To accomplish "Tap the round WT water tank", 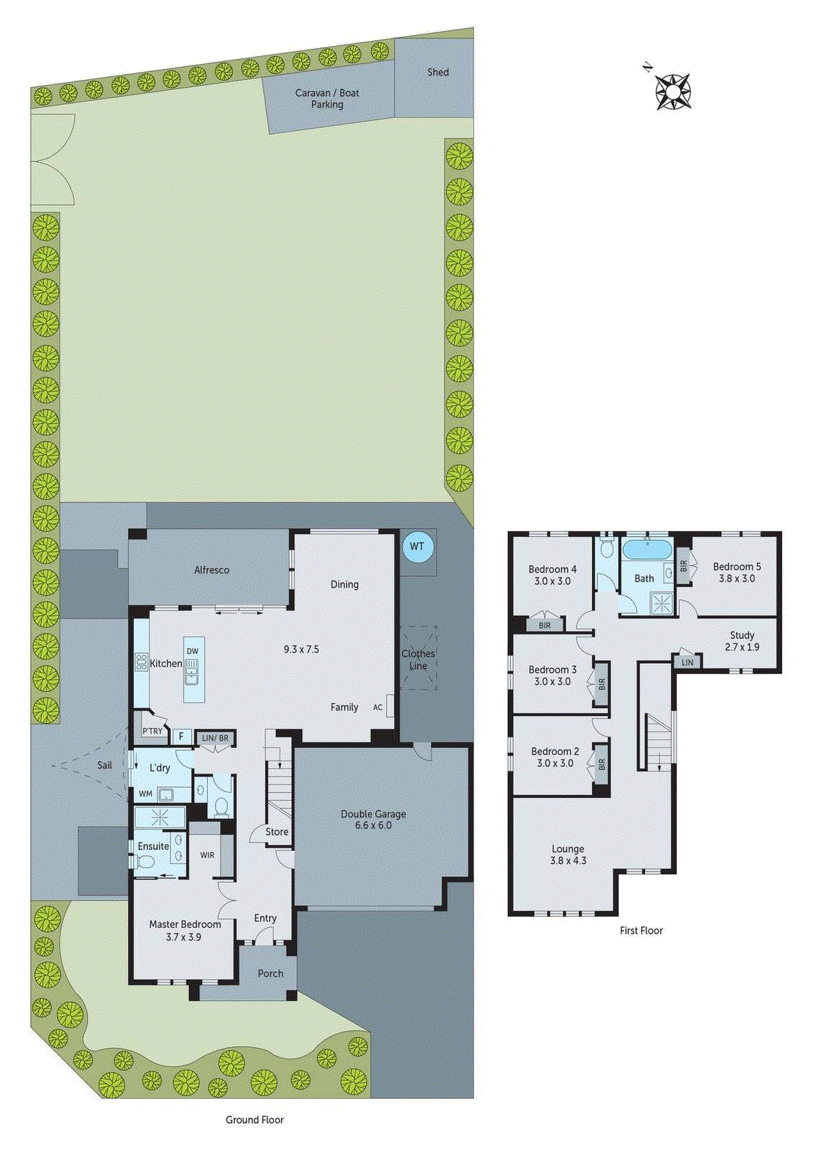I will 417,546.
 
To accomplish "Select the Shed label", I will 438,72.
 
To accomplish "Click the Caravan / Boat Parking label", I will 327,99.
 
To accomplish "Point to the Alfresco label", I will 211,570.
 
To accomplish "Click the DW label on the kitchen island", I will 192,651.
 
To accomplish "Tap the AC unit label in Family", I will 377,707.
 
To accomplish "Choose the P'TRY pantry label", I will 152,732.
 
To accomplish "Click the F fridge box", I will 182,737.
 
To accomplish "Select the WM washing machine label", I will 145,794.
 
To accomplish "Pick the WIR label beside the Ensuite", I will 207,855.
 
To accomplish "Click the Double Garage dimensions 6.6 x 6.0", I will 373,825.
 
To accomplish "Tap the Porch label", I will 270,973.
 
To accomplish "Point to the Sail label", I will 105,765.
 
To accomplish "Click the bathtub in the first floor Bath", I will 647,550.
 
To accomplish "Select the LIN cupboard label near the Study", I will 687,662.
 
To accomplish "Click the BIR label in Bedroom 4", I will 545,625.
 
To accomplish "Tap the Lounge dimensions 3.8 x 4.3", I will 568,860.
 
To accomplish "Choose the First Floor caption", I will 641,930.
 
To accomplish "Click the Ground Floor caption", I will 254,1119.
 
